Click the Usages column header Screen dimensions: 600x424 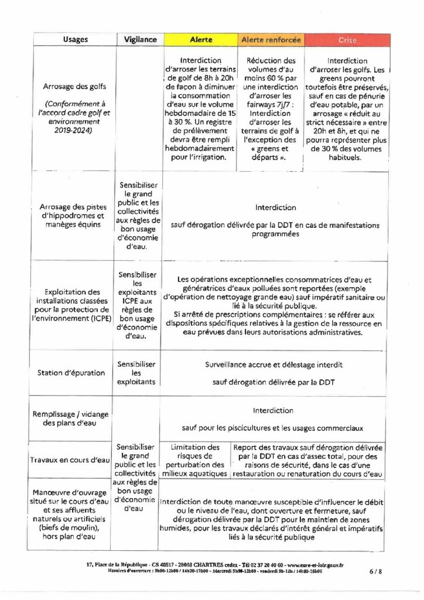point(76,40)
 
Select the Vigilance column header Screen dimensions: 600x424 point(141,40)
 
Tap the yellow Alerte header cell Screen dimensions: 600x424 point(201,40)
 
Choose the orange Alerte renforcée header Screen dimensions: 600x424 point(270,40)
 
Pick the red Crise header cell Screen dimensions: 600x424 point(347,40)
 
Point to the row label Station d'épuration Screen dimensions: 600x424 point(71,373)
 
